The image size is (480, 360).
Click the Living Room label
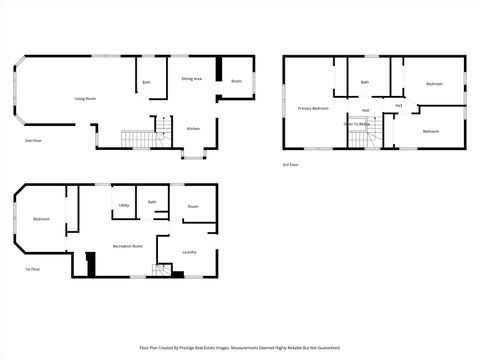point(85,99)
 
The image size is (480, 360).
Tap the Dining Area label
point(192,78)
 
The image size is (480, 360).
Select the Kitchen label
point(194,129)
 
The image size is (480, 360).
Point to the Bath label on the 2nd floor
point(146,82)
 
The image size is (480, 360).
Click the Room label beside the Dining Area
point(237,81)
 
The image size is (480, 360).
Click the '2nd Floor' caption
point(33,141)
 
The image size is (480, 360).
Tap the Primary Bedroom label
point(313,107)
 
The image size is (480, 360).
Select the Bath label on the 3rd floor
point(365,82)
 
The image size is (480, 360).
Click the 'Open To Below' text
point(358,125)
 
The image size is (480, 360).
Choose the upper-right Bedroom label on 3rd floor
point(434,84)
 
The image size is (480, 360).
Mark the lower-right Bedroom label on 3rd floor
point(431,132)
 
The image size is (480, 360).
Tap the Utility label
point(124,206)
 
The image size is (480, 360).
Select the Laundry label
point(189,252)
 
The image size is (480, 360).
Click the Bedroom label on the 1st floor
point(41,218)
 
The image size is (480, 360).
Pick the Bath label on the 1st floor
point(152,202)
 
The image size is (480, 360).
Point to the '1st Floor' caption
point(33,269)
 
